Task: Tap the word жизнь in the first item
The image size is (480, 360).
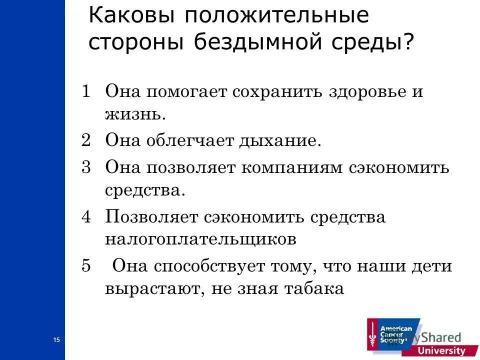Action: (133, 115)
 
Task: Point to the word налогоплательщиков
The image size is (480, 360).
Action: (200, 239)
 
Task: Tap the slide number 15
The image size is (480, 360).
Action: (56, 340)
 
